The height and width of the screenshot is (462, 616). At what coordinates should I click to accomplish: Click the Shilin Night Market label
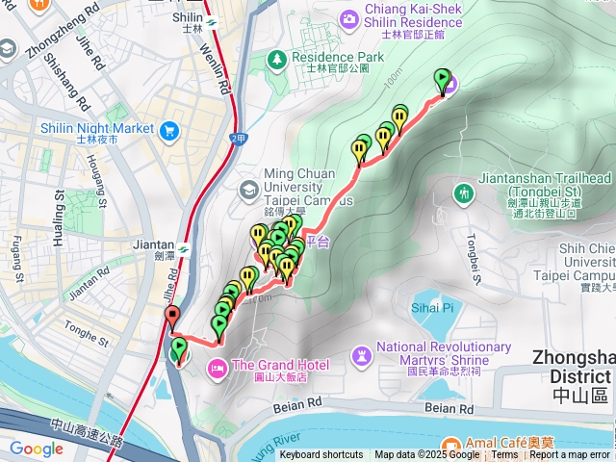(x=97, y=128)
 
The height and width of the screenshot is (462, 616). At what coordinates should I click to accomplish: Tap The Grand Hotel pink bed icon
(x=218, y=365)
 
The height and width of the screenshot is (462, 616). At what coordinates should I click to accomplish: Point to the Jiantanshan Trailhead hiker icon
(x=465, y=192)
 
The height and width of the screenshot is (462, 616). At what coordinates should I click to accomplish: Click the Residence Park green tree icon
(x=276, y=58)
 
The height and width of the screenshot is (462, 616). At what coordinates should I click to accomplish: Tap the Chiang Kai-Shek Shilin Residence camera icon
(x=348, y=15)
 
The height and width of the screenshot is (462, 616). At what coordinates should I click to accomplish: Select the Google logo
(x=37, y=449)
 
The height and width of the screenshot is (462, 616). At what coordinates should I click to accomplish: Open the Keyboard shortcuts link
(x=321, y=455)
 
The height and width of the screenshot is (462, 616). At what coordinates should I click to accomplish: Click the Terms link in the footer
(x=504, y=455)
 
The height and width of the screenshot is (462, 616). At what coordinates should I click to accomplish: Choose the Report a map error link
(x=570, y=455)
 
